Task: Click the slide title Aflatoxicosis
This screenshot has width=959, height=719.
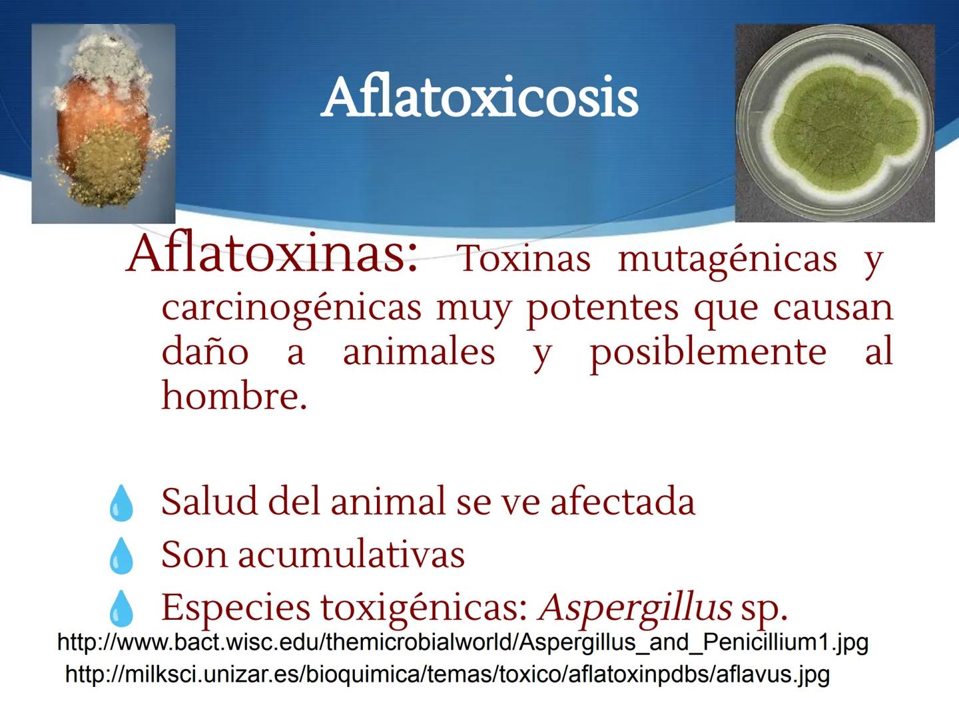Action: coord(479,99)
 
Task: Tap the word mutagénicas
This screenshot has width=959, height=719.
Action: coord(727,259)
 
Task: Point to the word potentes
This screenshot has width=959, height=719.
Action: coord(602,308)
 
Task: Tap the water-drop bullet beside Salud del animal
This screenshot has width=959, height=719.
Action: coord(121,503)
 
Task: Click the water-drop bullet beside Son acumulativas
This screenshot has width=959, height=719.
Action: coord(121,555)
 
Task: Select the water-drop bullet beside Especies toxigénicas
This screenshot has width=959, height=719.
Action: coord(121,608)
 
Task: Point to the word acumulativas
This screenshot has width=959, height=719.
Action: coord(351,554)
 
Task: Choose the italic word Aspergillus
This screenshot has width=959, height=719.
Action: coord(636,607)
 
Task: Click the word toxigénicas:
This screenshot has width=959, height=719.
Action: coord(425,607)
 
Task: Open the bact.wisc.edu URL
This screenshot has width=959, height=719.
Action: coord(463,642)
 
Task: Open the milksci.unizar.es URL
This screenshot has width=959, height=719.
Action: coord(447,674)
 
